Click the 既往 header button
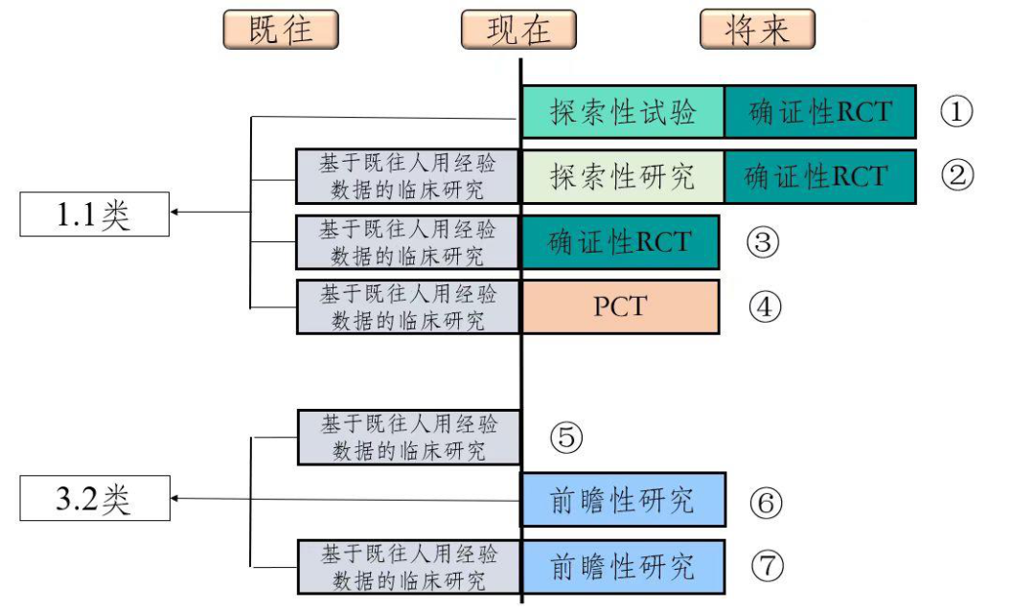(x=281, y=30)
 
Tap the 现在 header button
(x=518, y=30)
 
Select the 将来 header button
(x=757, y=30)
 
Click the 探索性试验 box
(x=622, y=112)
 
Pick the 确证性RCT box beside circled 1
(x=819, y=112)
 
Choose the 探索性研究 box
(x=622, y=176)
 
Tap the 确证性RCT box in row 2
(x=819, y=176)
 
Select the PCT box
(x=620, y=306)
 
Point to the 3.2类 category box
(x=94, y=499)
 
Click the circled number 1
(x=955, y=112)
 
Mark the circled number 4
(x=765, y=307)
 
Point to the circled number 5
(x=565, y=438)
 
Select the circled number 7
(x=766, y=566)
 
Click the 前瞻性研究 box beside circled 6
(x=623, y=500)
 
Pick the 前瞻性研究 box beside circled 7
(x=623, y=566)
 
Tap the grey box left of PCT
(x=408, y=307)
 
